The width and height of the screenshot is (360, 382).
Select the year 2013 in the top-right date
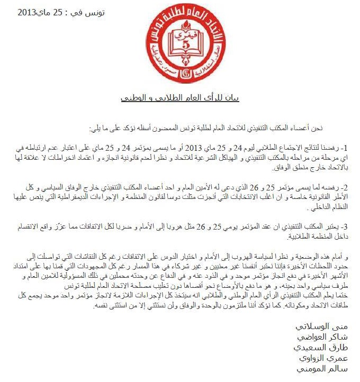point(30,12)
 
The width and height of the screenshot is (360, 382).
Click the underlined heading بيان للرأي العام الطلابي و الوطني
point(180,98)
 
